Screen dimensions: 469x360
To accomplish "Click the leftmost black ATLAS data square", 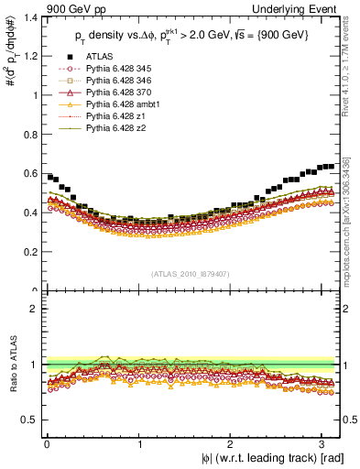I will pyautogui.click(x=49, y=176).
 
